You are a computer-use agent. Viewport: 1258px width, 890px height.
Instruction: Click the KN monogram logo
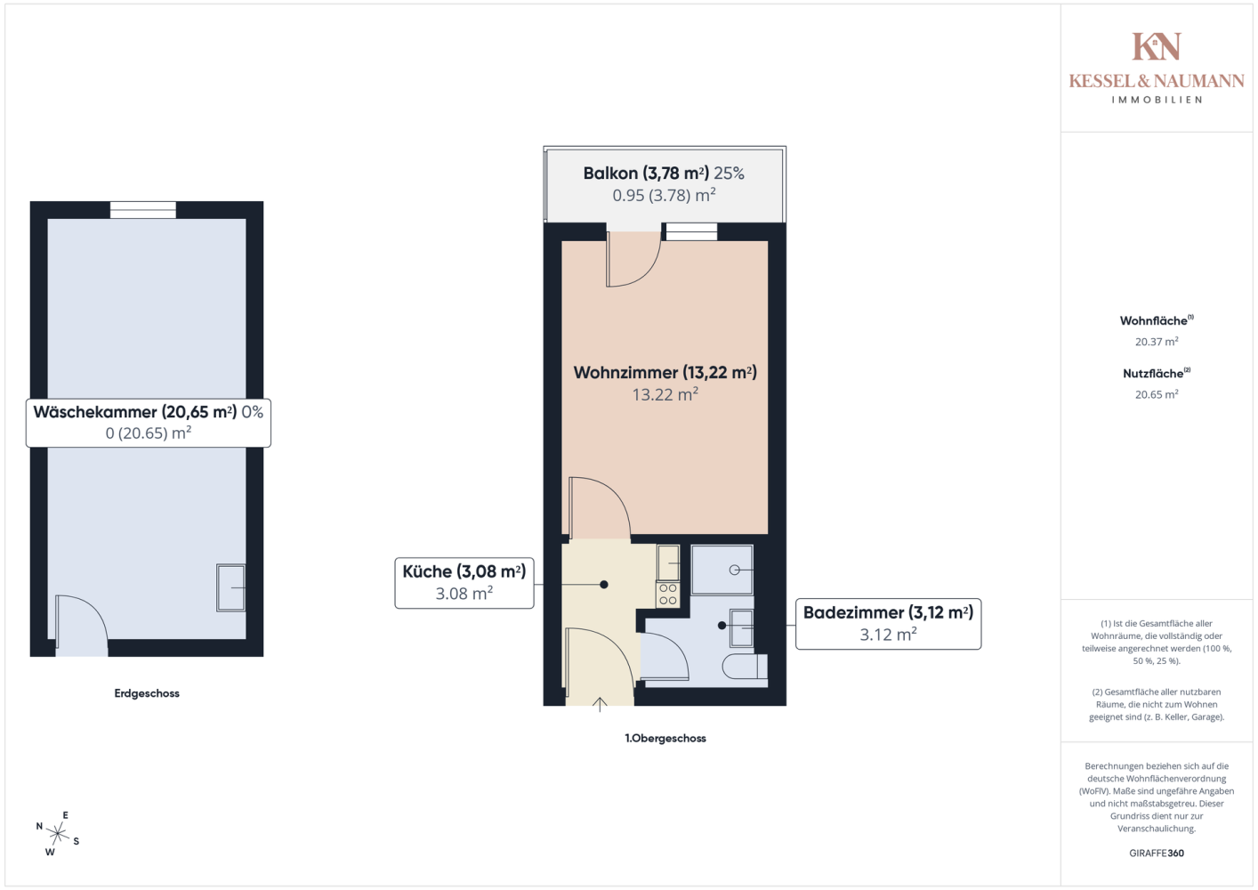(x=1157, y=46)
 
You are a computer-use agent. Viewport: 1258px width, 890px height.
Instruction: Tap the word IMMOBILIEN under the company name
(x=1157, y=100)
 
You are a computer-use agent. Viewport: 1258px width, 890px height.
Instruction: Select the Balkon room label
(x=664, y=183)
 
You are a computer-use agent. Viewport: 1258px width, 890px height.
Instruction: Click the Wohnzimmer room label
(x=665, y=383)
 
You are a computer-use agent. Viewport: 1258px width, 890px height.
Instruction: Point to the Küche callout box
(x=464, y=583)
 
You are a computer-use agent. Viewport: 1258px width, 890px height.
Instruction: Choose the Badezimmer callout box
(x=889, y=624)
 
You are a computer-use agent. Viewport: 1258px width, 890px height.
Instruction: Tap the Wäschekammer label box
(x=149, y=423)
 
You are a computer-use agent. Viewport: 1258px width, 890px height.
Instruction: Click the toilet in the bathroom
(x=746, y=667)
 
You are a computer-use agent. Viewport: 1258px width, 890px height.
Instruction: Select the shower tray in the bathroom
(x=722, y=570)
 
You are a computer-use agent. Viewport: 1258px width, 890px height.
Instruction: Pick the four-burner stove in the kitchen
(x=668, y=595)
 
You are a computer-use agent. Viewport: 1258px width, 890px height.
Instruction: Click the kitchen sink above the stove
(x=668, y=563)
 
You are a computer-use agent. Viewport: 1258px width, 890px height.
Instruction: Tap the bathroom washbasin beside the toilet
(x=741, y=627)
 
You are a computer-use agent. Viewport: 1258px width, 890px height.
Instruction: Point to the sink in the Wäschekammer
(x=230, y=587)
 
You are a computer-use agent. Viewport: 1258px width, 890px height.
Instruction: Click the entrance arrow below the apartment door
(x=600, y=705)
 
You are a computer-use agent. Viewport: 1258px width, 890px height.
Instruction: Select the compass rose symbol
(x=57, y=834)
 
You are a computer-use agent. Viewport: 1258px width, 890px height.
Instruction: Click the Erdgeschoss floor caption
(x=147, y=693)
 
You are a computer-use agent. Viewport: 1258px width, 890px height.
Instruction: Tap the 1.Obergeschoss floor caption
(x=665, y=739)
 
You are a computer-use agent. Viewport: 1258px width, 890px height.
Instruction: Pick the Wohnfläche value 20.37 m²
(x=1157, y=342)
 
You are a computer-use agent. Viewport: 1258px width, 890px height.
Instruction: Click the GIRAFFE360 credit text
(x=1157, y=853)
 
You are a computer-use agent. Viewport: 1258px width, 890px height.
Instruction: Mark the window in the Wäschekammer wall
(x=142, y=209)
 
